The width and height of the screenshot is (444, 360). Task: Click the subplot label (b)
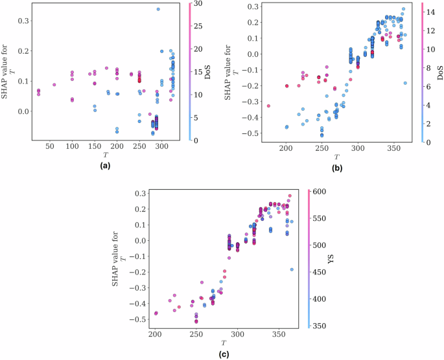point(337,166)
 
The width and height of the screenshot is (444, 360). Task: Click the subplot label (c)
point(224,354)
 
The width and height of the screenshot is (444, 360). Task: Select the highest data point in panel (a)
point(158,9)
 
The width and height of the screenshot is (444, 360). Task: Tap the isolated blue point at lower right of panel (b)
point(405,83)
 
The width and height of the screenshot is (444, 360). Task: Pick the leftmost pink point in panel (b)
point(268,106)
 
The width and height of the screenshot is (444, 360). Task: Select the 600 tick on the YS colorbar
point(322,192)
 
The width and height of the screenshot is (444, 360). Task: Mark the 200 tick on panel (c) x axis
point(155,333)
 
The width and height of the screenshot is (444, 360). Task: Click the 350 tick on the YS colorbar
point(322,327)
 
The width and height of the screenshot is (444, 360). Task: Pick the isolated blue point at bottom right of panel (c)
point(292,269)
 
